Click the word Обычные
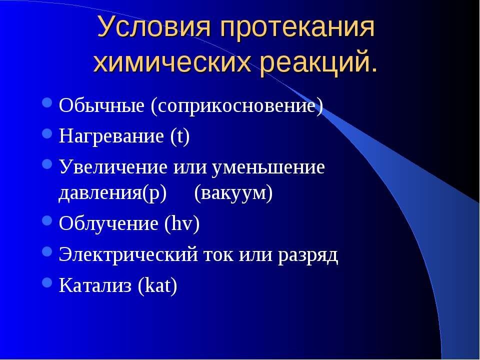101,106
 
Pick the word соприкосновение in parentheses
236,107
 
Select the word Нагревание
111,136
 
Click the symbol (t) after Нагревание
179,136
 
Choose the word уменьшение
267,167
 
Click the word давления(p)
112,193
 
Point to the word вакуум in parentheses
233,193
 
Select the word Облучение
108,223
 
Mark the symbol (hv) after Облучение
182,223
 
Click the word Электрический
128,254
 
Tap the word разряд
308,255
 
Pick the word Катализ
95,285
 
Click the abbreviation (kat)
157,285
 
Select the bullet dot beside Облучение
47,220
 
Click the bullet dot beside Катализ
47,282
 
